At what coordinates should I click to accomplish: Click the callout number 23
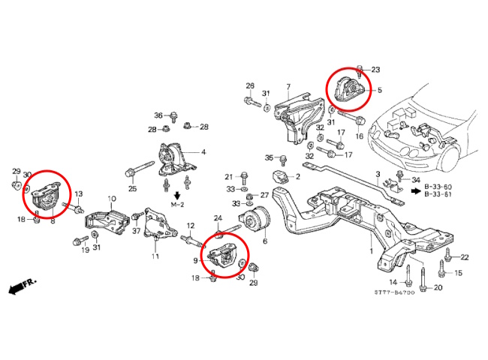tap(375, 70)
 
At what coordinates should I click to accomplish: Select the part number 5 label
tap(379, 91)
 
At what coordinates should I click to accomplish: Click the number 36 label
tap(158, 115)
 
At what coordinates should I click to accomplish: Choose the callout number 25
tap(132, 188)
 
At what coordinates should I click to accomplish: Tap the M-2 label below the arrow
tap(177, 204)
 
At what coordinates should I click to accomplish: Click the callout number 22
tap(464, 258)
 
